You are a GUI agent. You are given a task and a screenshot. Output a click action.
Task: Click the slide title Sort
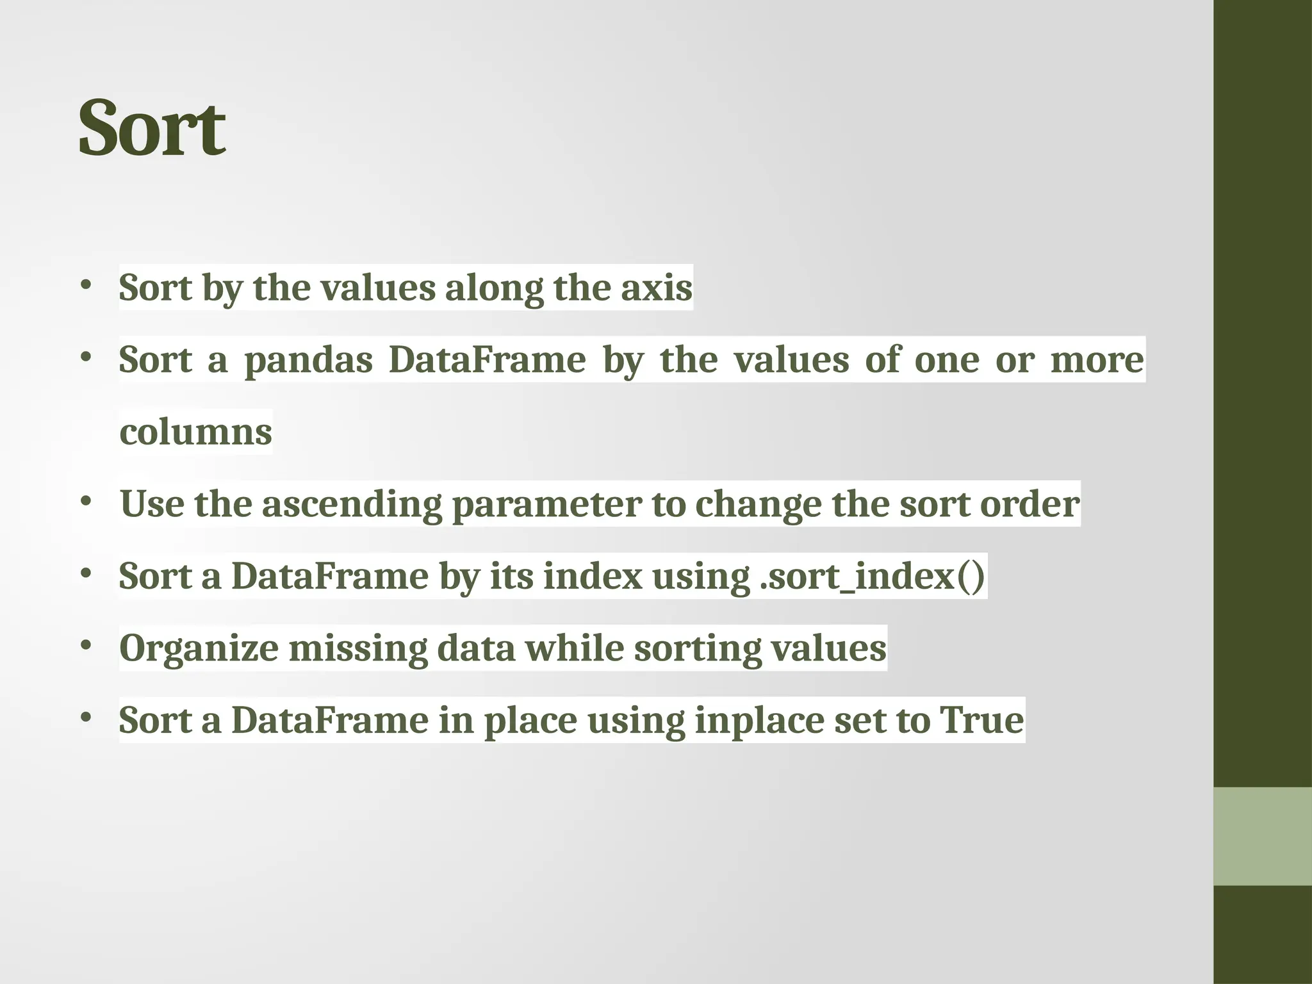(x=152, y=127)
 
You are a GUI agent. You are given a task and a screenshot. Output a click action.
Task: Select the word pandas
(x=308, y=360)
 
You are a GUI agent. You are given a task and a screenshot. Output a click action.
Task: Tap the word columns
(x=195, y=432)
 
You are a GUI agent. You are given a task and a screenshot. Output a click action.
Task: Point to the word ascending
(x=352, y=504)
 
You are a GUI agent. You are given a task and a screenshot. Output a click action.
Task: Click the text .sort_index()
(x=872, y=576)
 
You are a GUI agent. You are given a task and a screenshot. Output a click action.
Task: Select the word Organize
(x=199, y=648)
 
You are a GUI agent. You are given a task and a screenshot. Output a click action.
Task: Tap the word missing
(x=357, y=648)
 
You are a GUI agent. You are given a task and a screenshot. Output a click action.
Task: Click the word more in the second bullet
(x=1097, y=360)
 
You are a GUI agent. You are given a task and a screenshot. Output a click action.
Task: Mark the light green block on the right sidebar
(x=1262, y=836)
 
